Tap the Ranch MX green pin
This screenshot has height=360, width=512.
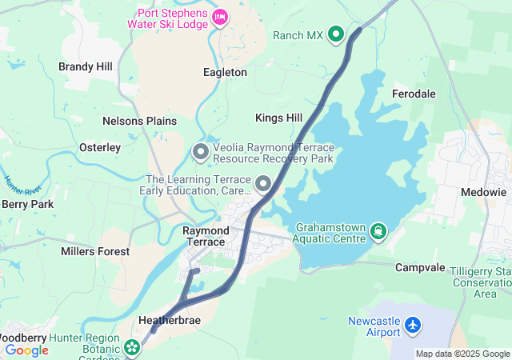click(x=336, y=34)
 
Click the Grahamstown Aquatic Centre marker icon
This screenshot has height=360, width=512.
click(x=378, y=232)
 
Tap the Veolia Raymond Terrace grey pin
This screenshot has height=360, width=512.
click(x=201, y=151)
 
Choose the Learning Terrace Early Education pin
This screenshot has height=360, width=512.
click(x=262, y=186)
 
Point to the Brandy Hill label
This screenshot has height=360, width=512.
click(x=86, y=67)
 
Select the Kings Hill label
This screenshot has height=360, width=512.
click(x=278, y=118)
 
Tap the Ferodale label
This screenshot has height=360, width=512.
click(x=414, y=94)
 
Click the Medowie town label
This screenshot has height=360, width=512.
click(x=484, y=192)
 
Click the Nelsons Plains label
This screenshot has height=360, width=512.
click(x=139, y=121)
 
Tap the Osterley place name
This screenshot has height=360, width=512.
click(x=100, y=147)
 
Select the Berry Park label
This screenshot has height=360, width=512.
click(x=27, y=204)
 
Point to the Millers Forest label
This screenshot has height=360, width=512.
click(x=95, y=251)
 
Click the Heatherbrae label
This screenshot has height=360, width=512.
click(x=170, y=320)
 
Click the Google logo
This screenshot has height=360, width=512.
click(x=26, y=350)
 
